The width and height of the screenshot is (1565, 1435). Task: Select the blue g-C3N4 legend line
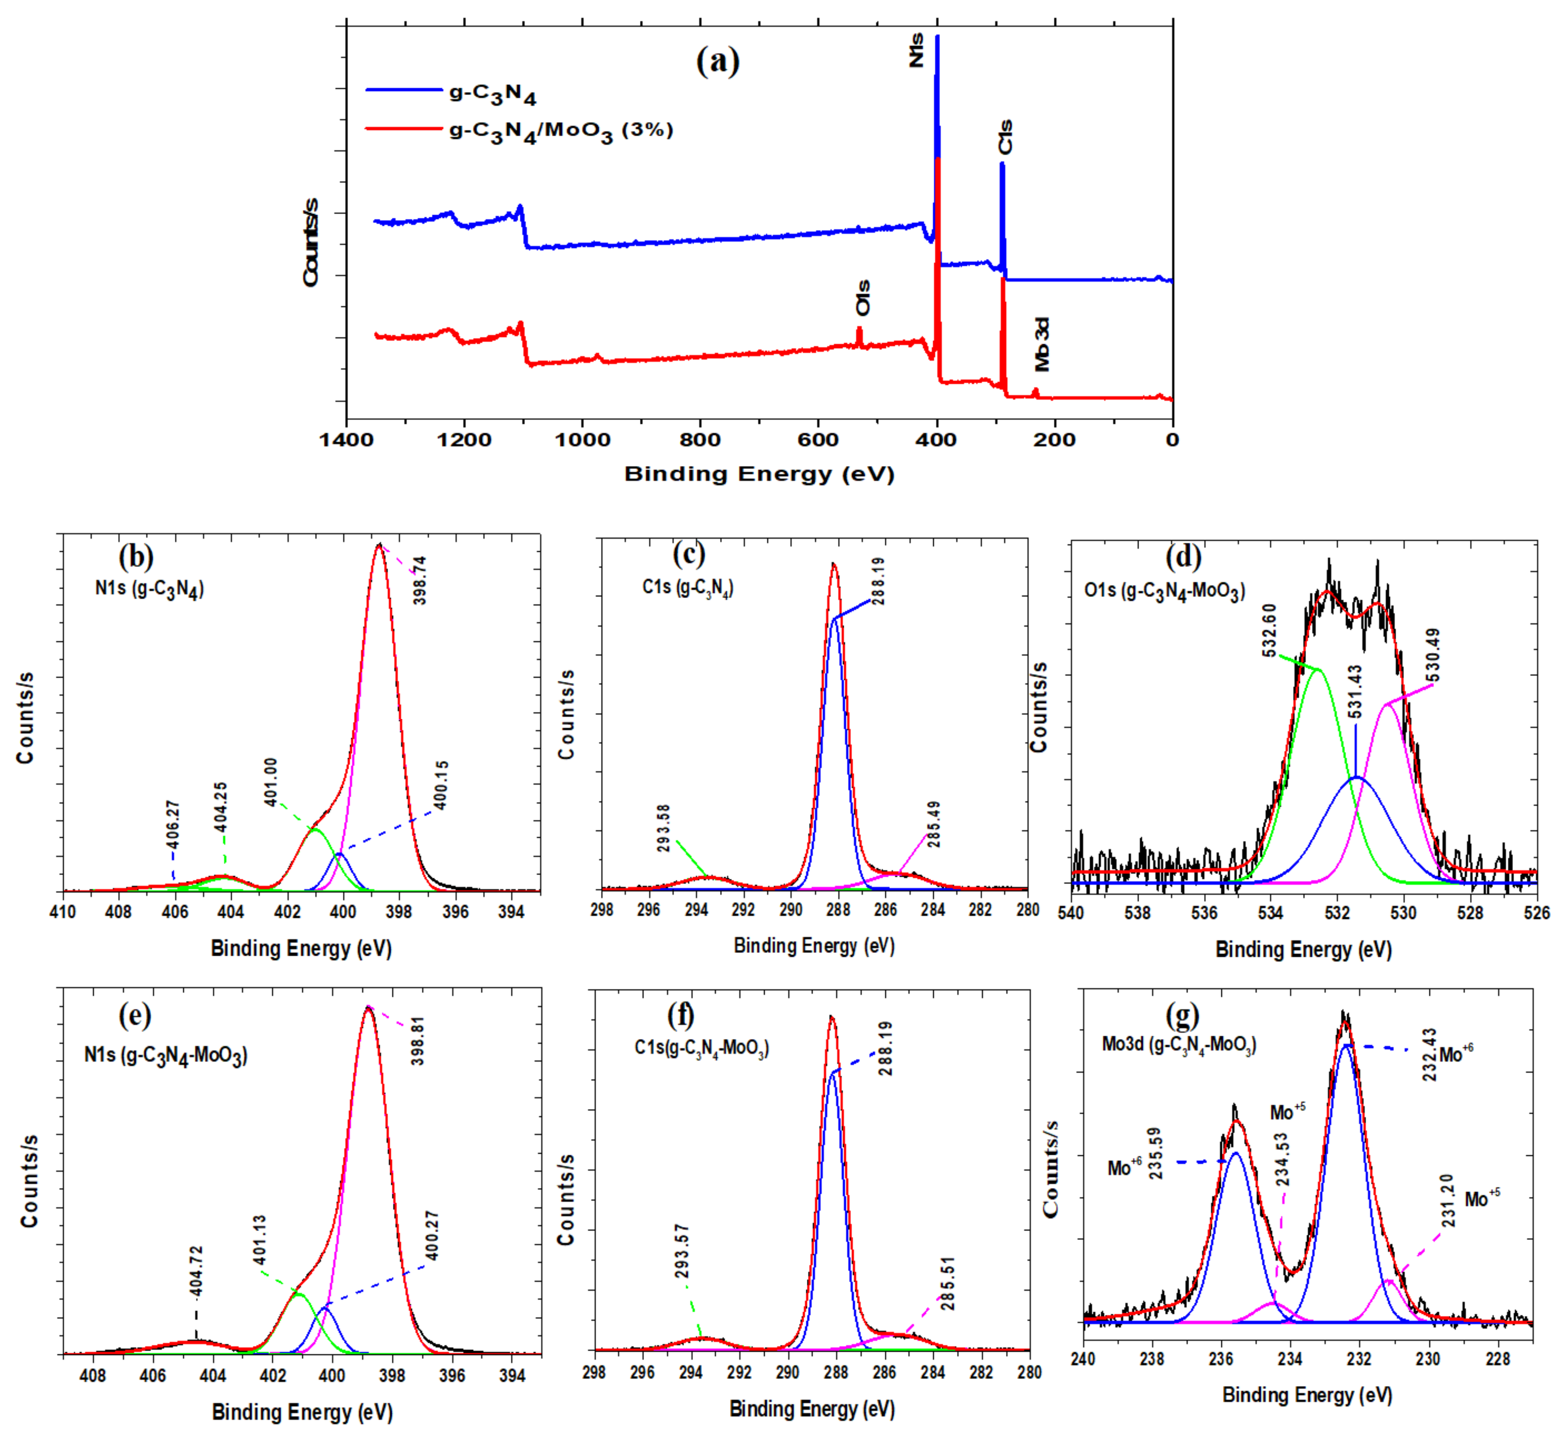pos(404,90)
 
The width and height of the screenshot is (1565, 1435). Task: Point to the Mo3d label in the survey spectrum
pos(1042,344)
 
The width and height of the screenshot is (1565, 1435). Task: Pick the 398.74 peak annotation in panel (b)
pos(420,580)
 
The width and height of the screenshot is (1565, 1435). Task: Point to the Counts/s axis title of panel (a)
pos(311,242)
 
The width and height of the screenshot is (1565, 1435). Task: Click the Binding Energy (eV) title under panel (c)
pos(814,946)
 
